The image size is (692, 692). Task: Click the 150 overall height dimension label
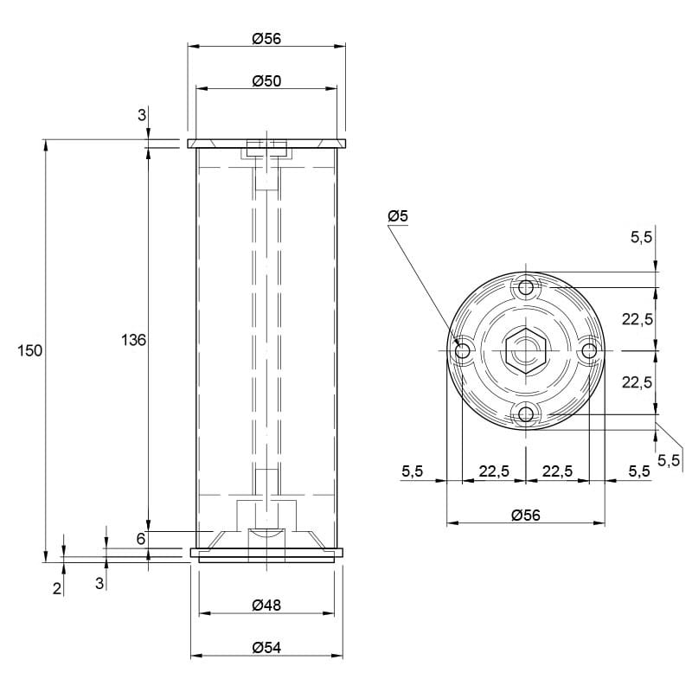point(29,351)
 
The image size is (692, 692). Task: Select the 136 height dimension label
point(133,340)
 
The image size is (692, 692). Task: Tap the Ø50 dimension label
point(266,81)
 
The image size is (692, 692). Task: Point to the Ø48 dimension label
point(266,605)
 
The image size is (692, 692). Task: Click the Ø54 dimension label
point(266,647)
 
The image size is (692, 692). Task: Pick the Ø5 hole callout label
point(398,216)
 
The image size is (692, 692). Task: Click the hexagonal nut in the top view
point(526,350)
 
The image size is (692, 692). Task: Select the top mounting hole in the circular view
point(526,288)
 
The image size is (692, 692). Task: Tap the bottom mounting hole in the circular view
point(526,414)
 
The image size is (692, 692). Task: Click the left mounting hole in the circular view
point(463,351)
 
